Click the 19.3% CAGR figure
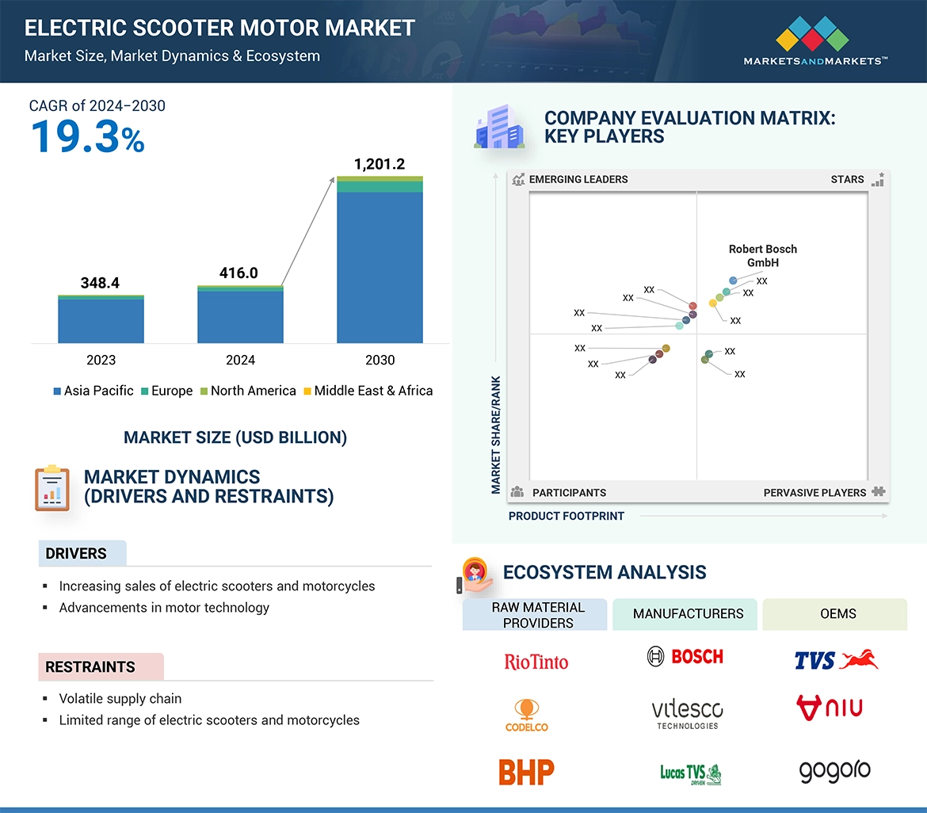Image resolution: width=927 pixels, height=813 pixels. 87,136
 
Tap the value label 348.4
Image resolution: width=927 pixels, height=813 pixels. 100,282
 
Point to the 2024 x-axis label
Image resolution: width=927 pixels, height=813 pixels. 240,361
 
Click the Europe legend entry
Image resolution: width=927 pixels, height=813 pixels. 166,391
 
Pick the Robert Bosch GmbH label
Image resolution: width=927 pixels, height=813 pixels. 762,255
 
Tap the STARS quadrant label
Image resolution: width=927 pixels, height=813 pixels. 847,179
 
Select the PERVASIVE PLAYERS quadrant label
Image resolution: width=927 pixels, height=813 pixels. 814,493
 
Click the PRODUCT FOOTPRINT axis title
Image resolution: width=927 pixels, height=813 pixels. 566,516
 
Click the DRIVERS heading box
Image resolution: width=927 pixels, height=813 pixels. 82,553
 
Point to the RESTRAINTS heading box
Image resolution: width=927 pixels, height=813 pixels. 101,666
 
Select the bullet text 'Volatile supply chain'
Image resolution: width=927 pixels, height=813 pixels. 120,698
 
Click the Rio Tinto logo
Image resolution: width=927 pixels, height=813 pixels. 536,661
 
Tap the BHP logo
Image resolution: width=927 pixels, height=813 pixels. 526,771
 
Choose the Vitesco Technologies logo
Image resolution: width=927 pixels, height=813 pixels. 687,714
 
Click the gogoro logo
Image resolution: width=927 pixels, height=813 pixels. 834,770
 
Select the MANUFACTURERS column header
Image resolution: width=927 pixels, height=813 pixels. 688,614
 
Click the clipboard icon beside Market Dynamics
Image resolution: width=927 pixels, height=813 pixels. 52,487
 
